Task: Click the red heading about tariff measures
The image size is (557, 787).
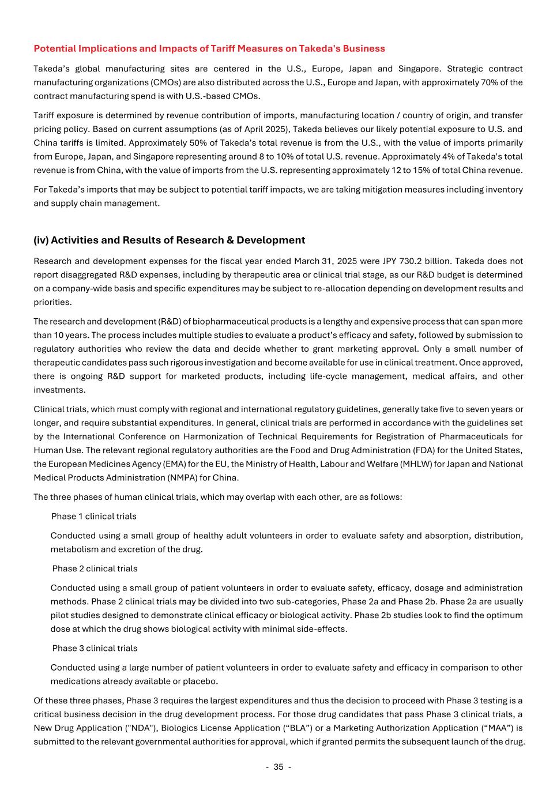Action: (x=209, y=48)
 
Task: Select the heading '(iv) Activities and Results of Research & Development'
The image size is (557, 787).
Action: (x=169, y=240)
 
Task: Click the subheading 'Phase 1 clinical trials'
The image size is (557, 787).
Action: (x=94, y=516)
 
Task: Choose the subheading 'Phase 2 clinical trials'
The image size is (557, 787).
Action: (x=95, y=568)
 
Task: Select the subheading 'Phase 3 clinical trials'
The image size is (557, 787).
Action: (x=95, y=648)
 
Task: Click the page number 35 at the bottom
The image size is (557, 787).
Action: (x=278, y=767)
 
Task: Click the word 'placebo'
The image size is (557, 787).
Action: (x=200, y=681)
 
